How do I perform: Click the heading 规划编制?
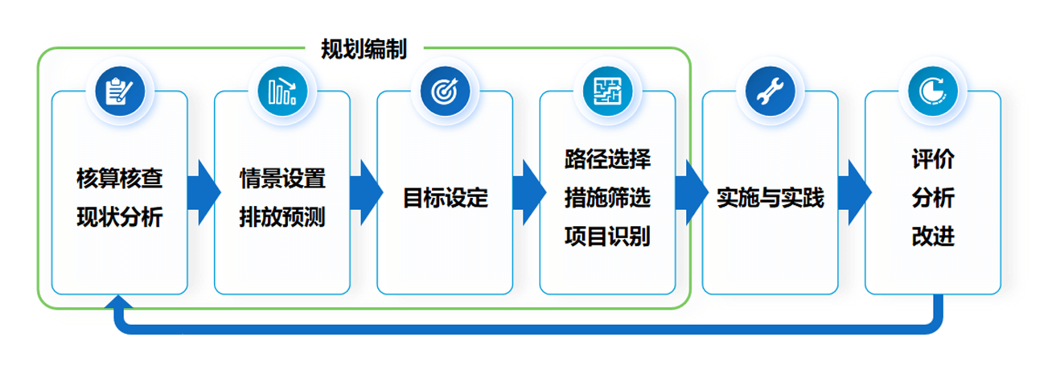(364, 49)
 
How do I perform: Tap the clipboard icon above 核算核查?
(120, 91)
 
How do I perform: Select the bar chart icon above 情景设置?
(283, 91)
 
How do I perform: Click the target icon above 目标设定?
(446, 91)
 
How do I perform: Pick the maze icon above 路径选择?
(608, 91)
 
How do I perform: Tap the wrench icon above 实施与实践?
(771, 91)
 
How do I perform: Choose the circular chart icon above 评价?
(933, 91)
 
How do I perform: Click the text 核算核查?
(120, 179)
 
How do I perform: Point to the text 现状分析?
(120, 217)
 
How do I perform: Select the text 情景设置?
(282, 179)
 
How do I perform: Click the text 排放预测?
(282, 217)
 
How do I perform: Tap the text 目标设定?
(446, 198)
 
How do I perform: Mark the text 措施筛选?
(608, 198)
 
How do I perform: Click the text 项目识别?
(608, 236)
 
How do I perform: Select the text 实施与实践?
(771, 198)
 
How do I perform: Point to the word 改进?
(933, 236)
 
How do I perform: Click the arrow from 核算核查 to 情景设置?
(203, 192)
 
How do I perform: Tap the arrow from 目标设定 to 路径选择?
(529, 192)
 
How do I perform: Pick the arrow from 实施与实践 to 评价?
(855, 192)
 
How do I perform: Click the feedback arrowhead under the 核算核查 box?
(119, 302)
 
